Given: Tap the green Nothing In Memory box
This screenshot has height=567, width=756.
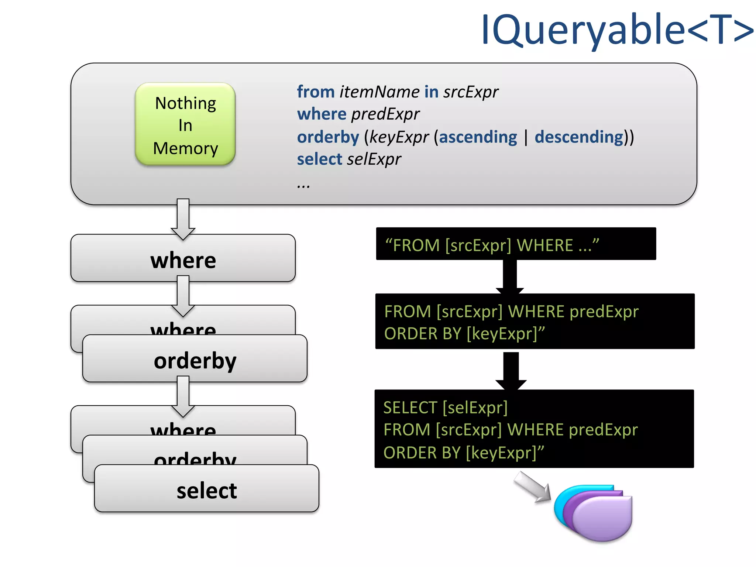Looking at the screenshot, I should click(185, 124).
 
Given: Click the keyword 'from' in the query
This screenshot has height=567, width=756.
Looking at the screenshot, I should click(316, 92).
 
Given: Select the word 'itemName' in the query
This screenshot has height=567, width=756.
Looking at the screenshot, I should click(379, 92).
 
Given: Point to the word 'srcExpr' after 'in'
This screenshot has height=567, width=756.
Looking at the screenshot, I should click(471, 92).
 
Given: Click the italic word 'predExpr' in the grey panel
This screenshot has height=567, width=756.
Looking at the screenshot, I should click(385, 114).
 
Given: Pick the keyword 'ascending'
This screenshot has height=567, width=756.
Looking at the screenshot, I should click(478, 137).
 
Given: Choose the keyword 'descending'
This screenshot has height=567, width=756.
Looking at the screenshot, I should click(579, 137).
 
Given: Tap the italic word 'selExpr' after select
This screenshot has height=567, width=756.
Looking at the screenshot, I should click(374, 159).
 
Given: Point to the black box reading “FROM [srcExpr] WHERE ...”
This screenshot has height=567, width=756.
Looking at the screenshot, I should click(516, 244).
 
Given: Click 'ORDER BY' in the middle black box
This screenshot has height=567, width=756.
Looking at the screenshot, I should click(423, 334).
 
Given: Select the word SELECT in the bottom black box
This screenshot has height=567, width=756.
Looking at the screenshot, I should click(410, 408).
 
